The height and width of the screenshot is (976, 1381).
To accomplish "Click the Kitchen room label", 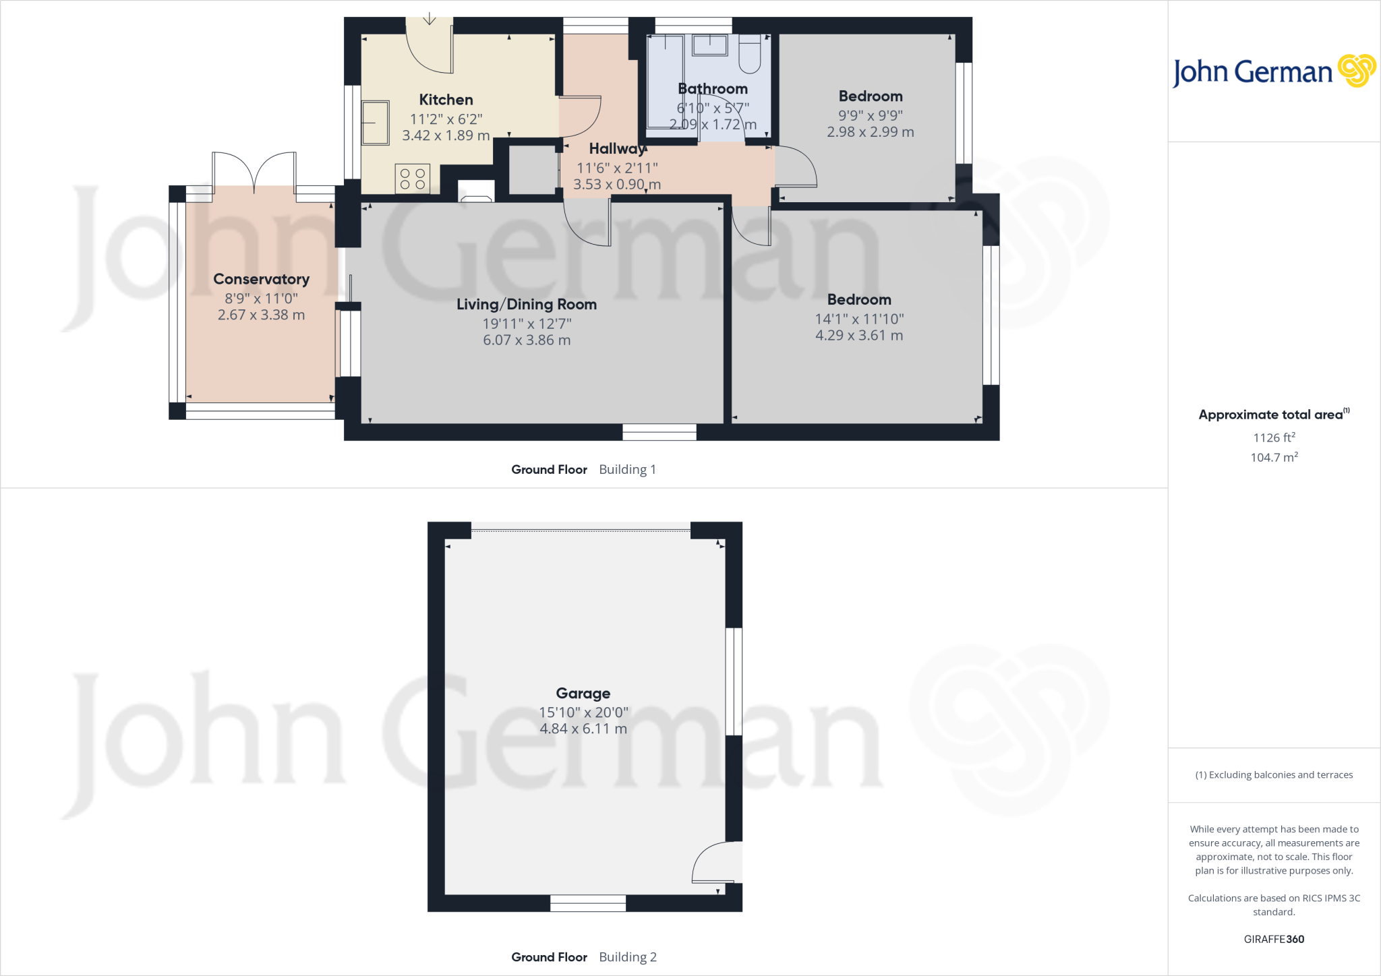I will [x=446, y=100].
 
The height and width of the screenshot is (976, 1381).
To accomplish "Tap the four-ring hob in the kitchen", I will [x=412, y=179].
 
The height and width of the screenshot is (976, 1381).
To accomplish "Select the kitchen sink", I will [x=376, y=123].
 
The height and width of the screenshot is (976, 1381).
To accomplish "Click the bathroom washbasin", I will [x=710, y=45].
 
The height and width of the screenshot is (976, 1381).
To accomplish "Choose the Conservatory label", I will [x=261, y=279].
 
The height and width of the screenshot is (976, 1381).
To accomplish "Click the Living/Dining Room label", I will [x=527, y=304].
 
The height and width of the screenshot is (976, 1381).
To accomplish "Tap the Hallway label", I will [x=617, y=149].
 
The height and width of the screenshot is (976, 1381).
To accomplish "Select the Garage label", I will [x=583, y=693].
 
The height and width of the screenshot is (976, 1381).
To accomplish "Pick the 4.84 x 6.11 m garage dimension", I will [x=583, y=729].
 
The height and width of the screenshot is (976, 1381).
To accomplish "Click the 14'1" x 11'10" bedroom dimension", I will [x=859, y=319].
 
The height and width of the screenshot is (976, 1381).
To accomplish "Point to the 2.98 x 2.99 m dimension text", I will [x=871, y=132].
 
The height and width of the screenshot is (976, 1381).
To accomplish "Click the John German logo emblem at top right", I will [x=1357, y=71].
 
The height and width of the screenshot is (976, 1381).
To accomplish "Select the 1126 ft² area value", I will [x=1274, y=437].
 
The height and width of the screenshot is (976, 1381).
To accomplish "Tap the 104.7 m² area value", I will [x=1274, y=457].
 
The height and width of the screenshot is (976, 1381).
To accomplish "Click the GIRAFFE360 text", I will [x=1274, y=939].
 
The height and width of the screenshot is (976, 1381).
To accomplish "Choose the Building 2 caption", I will [x=627, y=956].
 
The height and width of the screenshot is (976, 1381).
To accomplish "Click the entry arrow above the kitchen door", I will [x=430, y=19].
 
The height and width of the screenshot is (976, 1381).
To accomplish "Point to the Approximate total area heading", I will [x=1271, y=415].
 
